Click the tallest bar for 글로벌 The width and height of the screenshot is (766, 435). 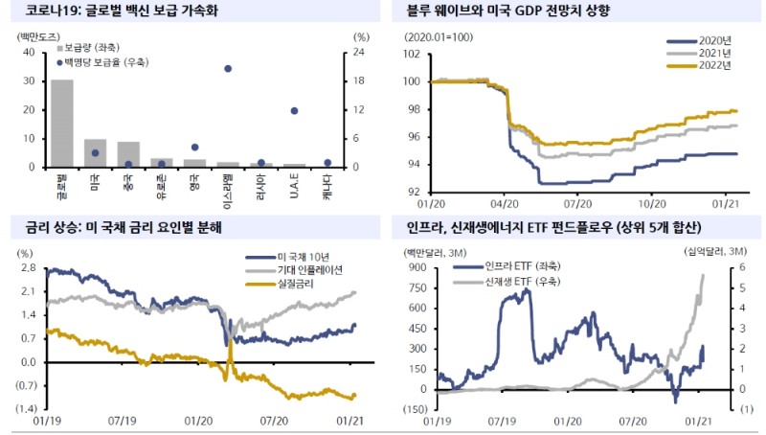[62, 124]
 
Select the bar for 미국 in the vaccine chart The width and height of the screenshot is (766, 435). [95, 153]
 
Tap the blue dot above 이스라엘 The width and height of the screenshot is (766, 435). [227, 69]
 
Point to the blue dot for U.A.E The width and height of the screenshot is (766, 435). [294, 111]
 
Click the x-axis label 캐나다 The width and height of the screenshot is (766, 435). [327, 185]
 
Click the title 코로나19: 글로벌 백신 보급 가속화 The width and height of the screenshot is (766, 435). [115, 11]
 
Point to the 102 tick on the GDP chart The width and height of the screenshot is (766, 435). [413, 54]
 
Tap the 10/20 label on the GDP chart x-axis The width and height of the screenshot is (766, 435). [651, 203]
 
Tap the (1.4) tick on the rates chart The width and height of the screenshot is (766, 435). [24, 408]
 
